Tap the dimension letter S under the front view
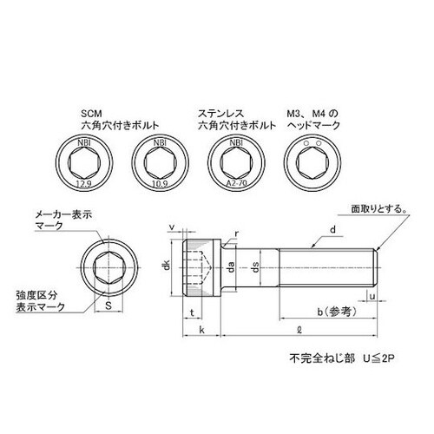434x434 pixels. point(108,306)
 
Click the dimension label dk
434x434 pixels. point(166,268)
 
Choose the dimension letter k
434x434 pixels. point(201,330)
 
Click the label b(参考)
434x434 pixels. point(328,311)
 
